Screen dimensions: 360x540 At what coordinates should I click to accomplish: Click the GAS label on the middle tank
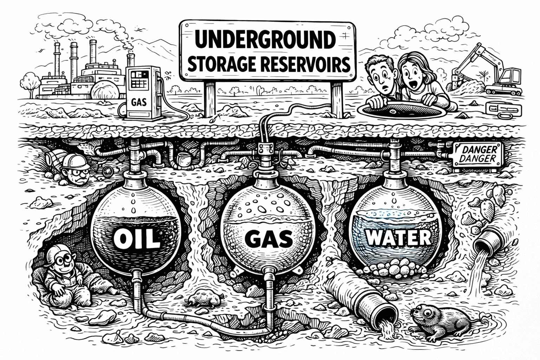coord(268,239)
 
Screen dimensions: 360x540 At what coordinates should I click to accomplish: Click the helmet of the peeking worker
coord(72,161)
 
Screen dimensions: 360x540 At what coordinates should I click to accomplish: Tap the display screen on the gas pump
coord(139,79)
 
